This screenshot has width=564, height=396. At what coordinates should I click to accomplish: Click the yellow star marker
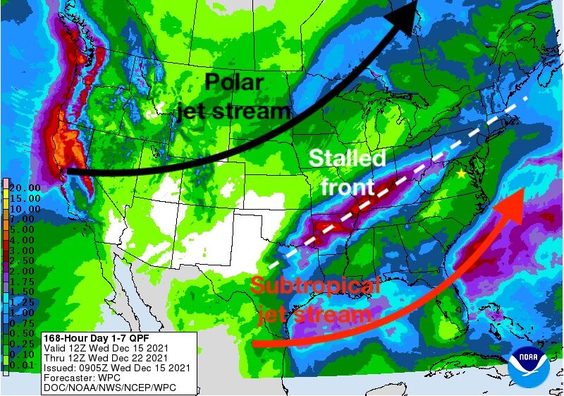coord(462,174)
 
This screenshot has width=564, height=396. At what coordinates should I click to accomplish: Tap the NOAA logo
coord(531,365)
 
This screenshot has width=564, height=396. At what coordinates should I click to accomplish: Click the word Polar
coord(234,83)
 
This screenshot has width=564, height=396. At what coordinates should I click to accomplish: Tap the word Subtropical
coord(315,287)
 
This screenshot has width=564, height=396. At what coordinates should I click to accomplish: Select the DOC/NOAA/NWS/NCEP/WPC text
coord(109,388)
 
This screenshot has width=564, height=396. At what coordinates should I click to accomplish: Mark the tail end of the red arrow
coord(255,344)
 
